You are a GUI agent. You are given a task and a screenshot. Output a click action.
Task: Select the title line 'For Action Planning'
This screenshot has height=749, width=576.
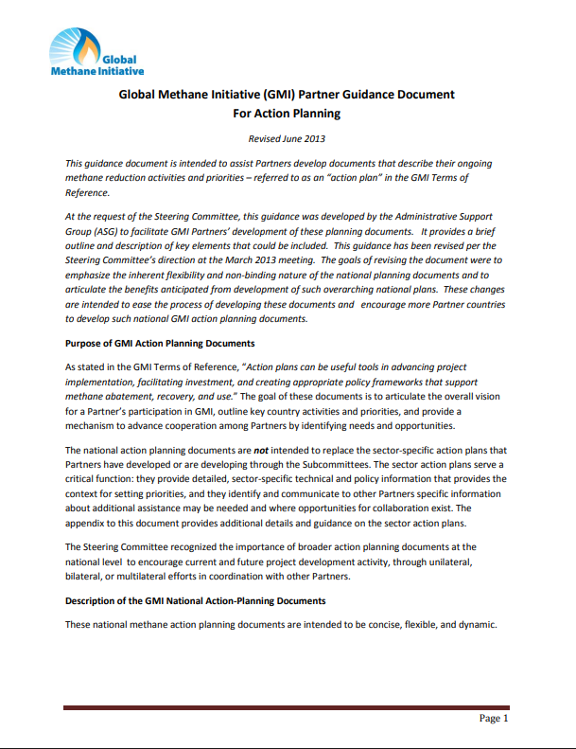click(286, 114)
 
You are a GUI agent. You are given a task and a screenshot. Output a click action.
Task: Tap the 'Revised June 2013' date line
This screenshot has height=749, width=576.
click(286, 138)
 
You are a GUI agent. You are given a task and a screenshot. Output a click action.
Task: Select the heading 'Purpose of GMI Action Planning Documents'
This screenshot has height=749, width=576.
click(159, 342)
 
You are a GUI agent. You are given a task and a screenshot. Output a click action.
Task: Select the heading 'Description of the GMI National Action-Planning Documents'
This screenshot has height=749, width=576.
click(195, 600)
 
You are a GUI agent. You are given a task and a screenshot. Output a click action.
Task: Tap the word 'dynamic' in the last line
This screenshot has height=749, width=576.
click(473, 625)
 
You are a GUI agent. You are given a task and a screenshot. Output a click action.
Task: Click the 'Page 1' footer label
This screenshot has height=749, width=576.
click(493, 719)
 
